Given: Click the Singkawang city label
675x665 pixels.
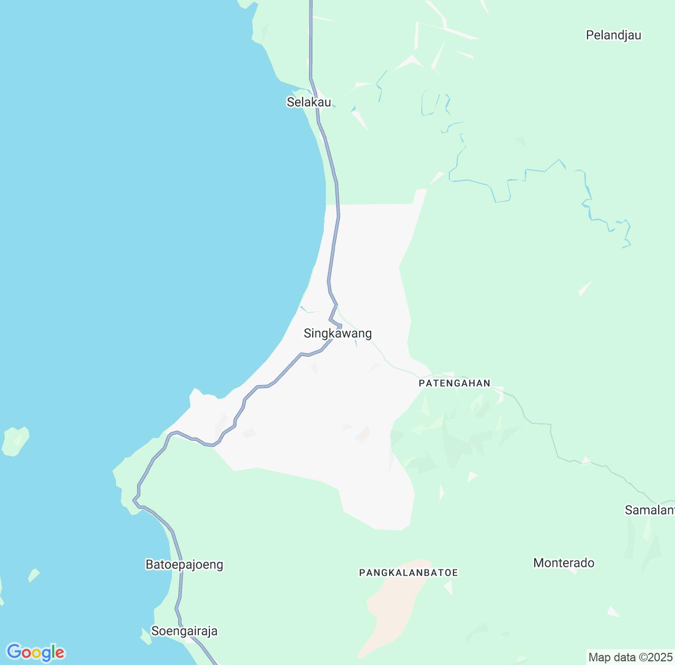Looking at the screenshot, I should (337, 334).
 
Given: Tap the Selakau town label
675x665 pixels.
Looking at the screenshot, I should (308, 102).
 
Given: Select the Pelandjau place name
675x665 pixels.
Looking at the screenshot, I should (613, 35).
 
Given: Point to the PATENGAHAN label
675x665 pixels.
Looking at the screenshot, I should (454, 383).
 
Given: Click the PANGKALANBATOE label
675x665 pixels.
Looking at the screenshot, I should (408, 573).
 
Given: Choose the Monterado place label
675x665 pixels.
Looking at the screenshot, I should (564, 563).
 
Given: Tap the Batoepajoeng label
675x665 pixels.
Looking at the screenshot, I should (184, 565).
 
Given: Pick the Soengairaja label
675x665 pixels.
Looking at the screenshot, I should (184, 631).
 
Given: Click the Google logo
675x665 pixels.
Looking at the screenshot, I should (35, 653).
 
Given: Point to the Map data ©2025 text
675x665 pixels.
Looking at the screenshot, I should (630, 658).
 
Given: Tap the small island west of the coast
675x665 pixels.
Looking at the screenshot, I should (15, 441).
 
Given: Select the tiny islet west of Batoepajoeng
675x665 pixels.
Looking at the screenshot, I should (34, 575).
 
